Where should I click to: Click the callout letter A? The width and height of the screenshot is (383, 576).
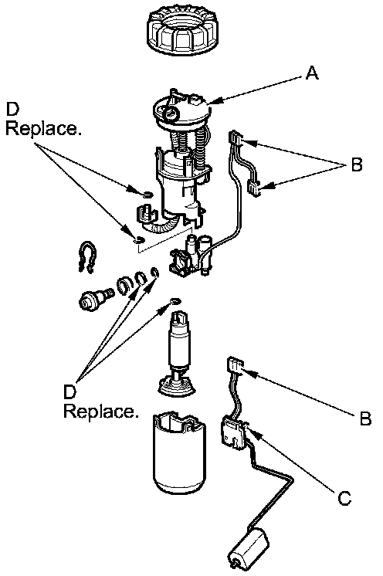(312, 73)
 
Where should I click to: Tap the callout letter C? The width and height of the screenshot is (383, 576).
(344, 498)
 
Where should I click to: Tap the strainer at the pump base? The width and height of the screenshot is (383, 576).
(175, 386)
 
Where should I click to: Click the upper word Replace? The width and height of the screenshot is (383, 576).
(44, 128)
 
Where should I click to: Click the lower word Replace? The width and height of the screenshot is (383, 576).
(101, 411)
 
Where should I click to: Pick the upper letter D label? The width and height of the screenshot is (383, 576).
(12, 109)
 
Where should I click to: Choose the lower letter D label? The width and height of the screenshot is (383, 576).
(69, 391)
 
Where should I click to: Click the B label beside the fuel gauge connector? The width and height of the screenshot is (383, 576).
(365, 418)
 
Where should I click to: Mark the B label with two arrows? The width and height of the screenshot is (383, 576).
(357, 164)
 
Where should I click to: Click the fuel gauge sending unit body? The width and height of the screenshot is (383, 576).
(233, 434)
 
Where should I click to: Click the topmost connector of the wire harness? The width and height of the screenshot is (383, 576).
(236, 137)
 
